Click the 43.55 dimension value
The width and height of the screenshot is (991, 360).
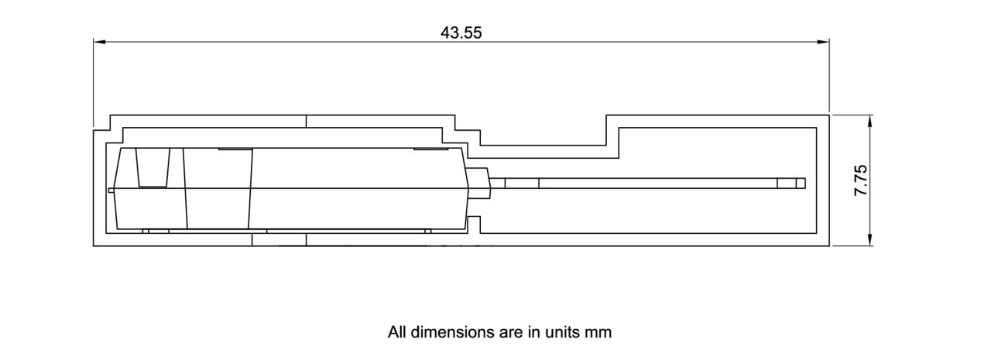(x=461, y=33)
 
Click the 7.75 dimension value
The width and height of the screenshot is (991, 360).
(x=860, y=180)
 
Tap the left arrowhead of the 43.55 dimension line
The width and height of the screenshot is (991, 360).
(x=99, y=42)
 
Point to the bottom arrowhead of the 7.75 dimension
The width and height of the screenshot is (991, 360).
(x=870, y=241)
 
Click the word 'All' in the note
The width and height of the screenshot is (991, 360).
(x=397, y=332)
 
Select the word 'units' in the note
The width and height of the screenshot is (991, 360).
(x=564, y=332)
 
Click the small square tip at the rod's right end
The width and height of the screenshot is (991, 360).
(x=801, y=183)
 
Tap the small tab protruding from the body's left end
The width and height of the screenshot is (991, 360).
(x=111, y=189)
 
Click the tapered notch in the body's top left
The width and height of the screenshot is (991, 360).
(x=153, y=167)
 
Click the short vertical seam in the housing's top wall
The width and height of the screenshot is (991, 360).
(x=307, y=121)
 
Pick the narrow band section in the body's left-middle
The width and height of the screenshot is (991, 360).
(x=218, y=189)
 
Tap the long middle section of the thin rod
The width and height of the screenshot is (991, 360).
(x=658, y=183)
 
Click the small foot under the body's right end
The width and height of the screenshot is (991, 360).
(x=427, y=231)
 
